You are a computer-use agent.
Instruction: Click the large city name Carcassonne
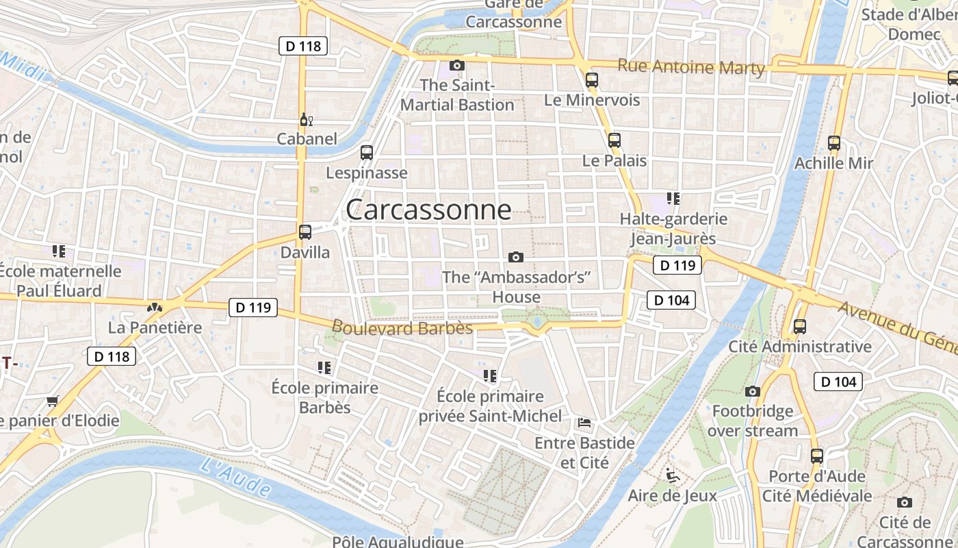point(428,210)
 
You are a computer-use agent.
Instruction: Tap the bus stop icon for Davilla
point(305,232)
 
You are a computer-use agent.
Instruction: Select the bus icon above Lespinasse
point(367,153)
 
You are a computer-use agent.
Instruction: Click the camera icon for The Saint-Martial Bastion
point(457,66)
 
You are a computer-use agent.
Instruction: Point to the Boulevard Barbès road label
point(402,328)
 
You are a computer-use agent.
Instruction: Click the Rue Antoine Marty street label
point(691,67)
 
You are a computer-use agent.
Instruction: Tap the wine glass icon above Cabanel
point(306,120)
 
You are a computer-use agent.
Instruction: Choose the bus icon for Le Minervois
point(592,80)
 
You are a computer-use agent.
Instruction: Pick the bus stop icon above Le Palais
point(614,140)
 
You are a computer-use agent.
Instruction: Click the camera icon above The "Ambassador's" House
point(516,257)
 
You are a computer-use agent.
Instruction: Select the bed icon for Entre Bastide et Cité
point(584,422)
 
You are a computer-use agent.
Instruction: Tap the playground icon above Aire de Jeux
point(672,474)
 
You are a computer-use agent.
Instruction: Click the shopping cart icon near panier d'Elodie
point(53,400)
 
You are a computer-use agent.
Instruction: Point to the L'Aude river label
point(236,477)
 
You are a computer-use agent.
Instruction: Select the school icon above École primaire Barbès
point(324,368)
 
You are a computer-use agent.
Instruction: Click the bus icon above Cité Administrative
point(800,326)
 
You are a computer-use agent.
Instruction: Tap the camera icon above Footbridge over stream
point(753,391)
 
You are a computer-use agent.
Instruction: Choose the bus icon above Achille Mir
point(834,143)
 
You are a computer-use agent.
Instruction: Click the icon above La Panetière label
point(155,308)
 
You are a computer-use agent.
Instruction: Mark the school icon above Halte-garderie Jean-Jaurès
point(673,199)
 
